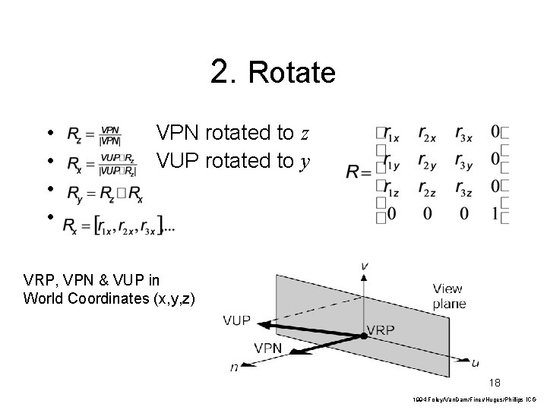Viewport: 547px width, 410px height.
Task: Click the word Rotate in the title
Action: coord(291,73)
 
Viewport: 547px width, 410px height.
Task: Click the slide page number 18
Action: coord(495,383)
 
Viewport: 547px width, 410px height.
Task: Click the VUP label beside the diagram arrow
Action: coord(237,320)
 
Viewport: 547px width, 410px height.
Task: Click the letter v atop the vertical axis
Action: coord(365,265)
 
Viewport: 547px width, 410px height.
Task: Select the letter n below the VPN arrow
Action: coord(233,367)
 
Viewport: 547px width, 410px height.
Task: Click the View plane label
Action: coord(450,296)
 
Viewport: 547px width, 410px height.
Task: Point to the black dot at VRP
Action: coord(363,335)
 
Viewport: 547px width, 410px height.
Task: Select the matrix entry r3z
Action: coord(465,187)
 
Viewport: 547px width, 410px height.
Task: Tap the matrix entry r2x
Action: coord(427,134)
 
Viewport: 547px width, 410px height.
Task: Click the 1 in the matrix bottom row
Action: coord(495,214)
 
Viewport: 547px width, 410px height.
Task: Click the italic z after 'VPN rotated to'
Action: coord(304,134)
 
